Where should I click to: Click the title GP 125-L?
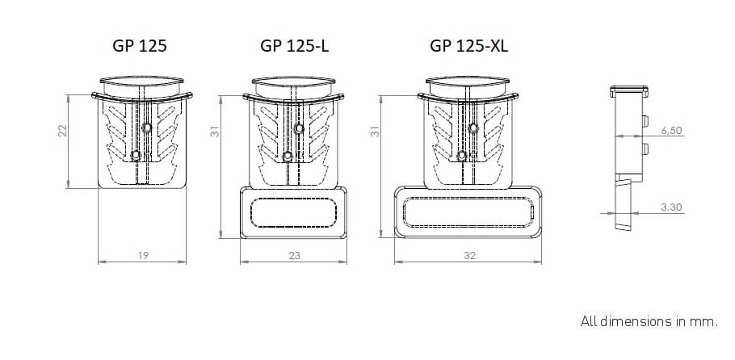point(294,46)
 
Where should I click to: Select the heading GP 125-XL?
point(468,46)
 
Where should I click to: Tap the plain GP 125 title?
point(140,46)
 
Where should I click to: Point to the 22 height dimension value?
point(63,130)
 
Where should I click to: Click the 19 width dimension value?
point(144,255)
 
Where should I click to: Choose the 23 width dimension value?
point(295,255)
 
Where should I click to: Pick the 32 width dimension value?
point(469,255)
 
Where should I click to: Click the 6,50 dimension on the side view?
point(671,131)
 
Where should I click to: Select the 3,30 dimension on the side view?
point(671,207)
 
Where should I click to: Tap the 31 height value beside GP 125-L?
point(215,132)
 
